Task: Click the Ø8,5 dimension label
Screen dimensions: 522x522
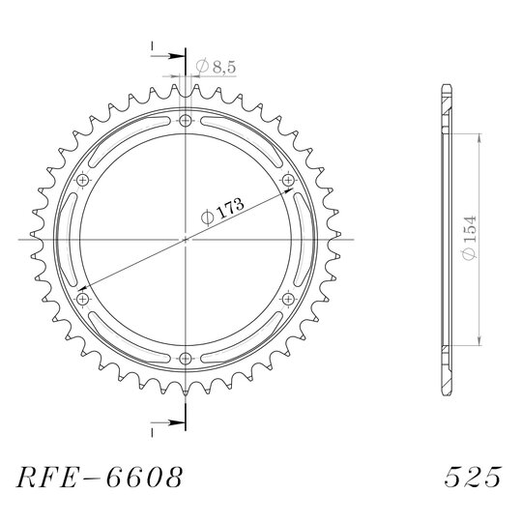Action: click(216, 67)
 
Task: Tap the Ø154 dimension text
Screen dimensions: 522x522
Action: click(470, 238)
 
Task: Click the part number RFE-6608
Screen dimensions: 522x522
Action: click(100, 478)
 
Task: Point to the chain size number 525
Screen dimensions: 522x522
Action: click(473, 477)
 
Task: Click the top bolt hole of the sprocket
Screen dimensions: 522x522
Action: click(186, 120)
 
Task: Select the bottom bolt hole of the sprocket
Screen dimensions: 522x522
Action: click(186, 359)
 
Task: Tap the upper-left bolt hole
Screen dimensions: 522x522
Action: click(82, 180)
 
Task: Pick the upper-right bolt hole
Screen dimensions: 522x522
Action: click(288, 180)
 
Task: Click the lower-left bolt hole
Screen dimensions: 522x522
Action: click(82, 299)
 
